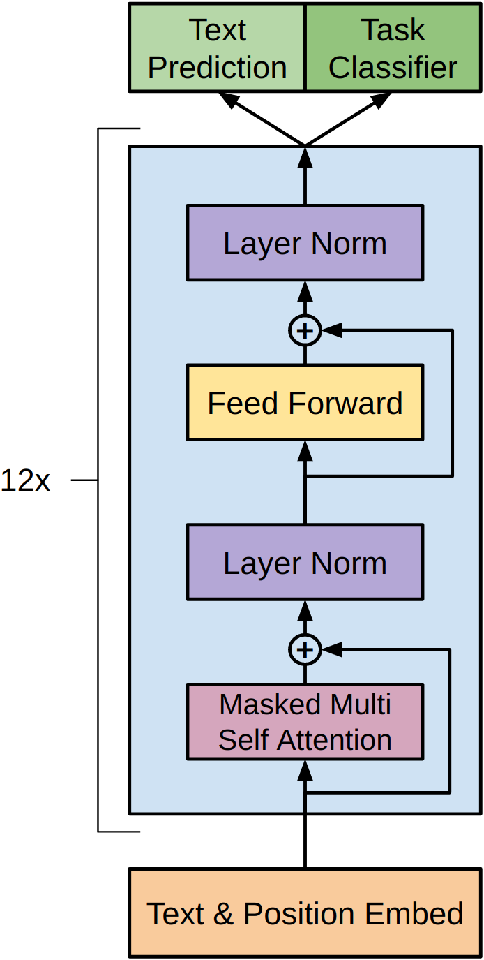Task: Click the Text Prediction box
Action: tap(217, 47)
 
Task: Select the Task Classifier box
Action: tap(393, 47)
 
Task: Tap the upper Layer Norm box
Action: tap(305, 243)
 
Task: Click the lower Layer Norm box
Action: tap(305, 563)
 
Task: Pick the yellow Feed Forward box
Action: tap(305, 403)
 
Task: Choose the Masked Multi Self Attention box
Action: tap(305, 722)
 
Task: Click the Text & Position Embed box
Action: tap(305, 913)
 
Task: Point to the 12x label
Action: tap(26, 480)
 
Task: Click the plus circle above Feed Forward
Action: tap(305, 330)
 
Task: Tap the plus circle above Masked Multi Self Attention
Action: tap(305, 650)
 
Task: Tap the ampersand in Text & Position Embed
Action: tap(223, 913)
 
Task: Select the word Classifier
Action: tap(393, 68)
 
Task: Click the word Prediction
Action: tap(217, 68)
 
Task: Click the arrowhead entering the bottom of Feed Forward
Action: tap(305, 450)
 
